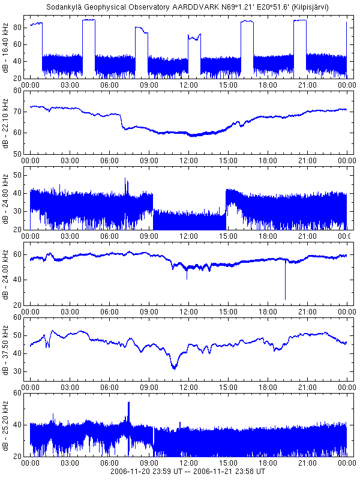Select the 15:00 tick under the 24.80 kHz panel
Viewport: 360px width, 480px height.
pyautogui.click(x=228, y=237)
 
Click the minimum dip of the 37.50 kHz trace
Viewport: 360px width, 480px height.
pyautogui.click(x=174, y=367)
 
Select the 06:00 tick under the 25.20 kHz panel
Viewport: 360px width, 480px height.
pyautogui.click(x=109, y=464)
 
